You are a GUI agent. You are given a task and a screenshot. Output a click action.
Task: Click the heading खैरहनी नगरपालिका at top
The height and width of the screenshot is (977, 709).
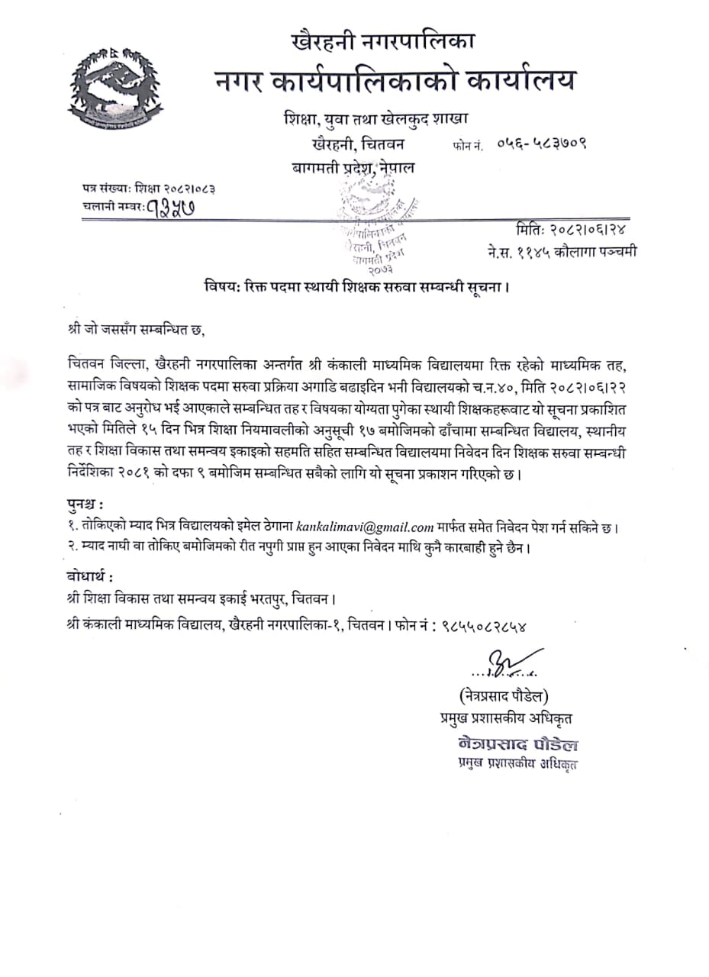point(388,39)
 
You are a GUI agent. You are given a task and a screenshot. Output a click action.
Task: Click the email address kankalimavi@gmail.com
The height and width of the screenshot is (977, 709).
point(365,527)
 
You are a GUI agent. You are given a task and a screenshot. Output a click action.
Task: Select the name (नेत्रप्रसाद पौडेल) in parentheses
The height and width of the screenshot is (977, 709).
point(504,695)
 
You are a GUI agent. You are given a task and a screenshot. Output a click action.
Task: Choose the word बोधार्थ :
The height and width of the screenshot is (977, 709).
point(92,575)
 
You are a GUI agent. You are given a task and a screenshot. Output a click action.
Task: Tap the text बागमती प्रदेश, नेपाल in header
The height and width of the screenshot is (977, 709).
point(353,168)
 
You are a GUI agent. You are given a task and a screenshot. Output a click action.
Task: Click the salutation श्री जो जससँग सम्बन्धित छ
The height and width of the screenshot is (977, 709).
point(137,330)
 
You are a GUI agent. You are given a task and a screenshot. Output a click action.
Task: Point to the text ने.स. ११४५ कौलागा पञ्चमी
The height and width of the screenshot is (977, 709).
point(563,251)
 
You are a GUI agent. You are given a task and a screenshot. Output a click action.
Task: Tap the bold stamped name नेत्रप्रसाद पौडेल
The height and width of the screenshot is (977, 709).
point(517,745)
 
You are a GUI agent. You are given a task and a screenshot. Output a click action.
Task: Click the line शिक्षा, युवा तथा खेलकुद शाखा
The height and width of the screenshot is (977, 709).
point(374,119)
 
